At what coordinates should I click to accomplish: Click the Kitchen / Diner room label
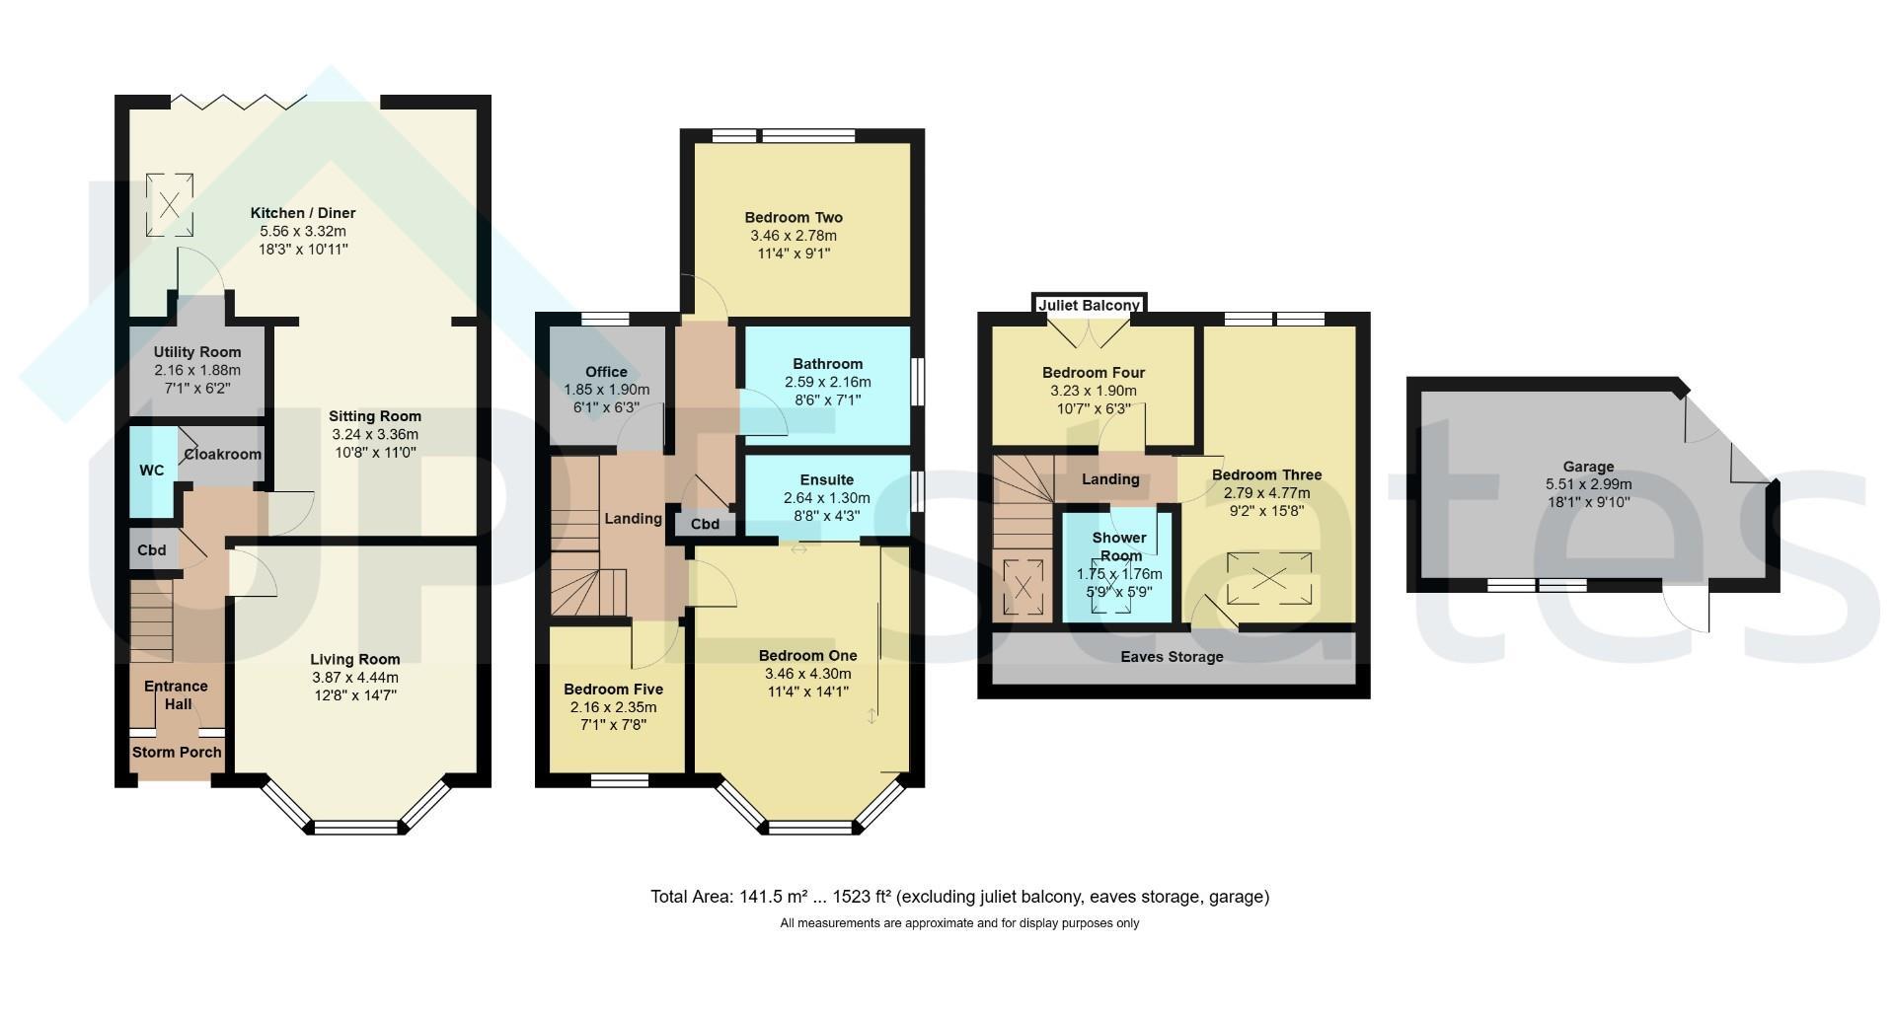(302, 213)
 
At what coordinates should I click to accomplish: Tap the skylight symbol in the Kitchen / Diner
(169, 205)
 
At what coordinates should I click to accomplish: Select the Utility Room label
(197, 352)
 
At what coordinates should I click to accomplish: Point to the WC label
(152, 471)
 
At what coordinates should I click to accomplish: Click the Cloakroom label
(223, 455)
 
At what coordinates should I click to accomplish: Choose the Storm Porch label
(178, 753)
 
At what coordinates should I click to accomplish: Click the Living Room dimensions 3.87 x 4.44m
(355, 678)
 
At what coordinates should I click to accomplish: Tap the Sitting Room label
(375, 416)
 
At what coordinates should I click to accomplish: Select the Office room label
(606, 372)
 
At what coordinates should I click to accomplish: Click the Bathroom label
(828, 364)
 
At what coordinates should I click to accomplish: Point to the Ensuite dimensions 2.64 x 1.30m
(827, 499)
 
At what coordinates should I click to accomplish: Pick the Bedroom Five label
(613, 690)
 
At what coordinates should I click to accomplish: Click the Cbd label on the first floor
(705, 525)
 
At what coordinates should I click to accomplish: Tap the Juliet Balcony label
(1090, 306)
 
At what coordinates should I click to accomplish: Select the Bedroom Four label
(1094, 373)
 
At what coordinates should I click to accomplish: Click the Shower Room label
(1120, 546)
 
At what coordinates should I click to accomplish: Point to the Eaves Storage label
(1172, 657)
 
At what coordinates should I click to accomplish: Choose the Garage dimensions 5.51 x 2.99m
(1588, 484)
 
